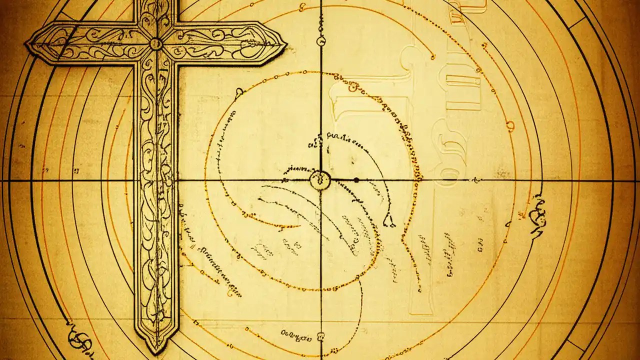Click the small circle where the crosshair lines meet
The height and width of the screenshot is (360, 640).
click(x=320, y=180)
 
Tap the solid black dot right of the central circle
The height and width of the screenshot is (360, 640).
click(x=356, y=180)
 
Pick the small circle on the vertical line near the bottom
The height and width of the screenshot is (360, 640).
click(x=320, y=335)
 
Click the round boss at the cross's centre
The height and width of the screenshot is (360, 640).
click(x=156, y=44)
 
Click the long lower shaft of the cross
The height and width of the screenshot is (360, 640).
click(x=155, y=200)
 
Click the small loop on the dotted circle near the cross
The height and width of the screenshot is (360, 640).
click(x=239, y=91)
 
